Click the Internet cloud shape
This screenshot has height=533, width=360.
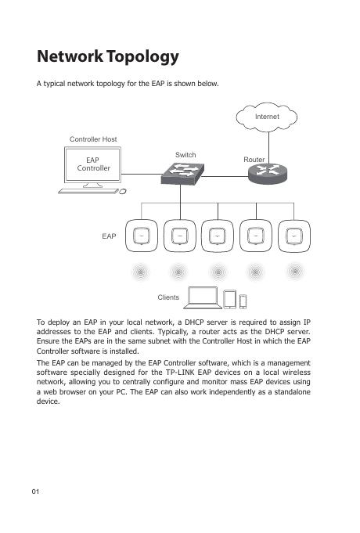click(267, 117)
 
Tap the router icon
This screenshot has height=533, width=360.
click(268, 173)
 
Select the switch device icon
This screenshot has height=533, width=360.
click(182, 174)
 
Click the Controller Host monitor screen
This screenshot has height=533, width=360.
click(92, 164)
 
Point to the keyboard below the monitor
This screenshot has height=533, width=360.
click(88, 192)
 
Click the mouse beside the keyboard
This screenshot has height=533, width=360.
click(123, 192)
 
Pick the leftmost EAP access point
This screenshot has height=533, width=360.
click(142, 236)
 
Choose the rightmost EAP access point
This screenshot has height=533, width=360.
click(294, 236)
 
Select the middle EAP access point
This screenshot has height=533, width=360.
click(218, 236)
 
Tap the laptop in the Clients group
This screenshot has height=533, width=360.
click(203, 297)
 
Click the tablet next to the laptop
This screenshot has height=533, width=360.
click(230, 299)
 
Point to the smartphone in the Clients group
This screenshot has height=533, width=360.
click(243, 301)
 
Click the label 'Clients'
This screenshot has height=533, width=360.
click(168, 297)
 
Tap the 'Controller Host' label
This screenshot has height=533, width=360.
click(93, 139)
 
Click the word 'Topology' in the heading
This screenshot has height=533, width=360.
click(142, 57)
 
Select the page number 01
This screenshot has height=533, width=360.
click(35, 492)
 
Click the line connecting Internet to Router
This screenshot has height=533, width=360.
click(269, 148)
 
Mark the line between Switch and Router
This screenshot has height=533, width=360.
click(225, 177)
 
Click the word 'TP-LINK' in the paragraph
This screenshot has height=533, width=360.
click(180, 373)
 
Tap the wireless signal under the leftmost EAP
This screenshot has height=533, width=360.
click(141, 272)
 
